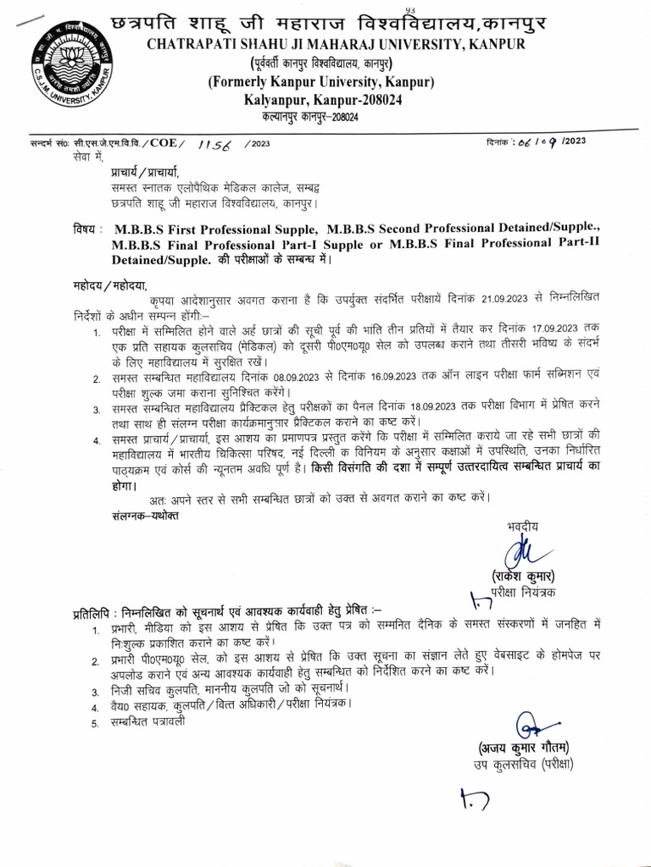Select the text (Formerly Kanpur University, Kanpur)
click(x=321, y=82)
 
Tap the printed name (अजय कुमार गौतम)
click(x=520, y=748)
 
